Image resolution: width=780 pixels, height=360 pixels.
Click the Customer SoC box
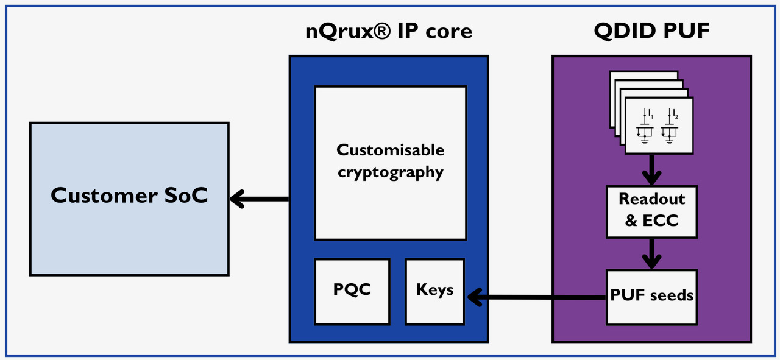(129, 199)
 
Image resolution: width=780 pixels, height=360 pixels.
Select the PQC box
(352, 291)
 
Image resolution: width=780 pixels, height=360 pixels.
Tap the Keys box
(434, 291)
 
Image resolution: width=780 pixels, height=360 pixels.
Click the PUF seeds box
(651, 297)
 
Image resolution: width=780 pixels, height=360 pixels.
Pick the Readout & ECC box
(651, 210)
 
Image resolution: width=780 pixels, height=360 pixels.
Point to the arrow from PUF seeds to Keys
(536, 297)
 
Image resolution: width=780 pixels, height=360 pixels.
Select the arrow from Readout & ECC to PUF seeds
(651, 253)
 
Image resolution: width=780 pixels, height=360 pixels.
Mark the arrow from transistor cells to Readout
(651, 169)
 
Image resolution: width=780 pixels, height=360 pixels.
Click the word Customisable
(390, 150)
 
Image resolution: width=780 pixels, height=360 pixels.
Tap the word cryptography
(390, 172)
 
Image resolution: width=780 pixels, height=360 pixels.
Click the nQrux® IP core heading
(389, 31)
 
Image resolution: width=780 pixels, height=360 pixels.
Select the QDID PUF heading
(651, 31)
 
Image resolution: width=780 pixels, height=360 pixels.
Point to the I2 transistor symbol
(670, 126)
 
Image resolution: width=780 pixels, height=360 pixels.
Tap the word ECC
(661, 221)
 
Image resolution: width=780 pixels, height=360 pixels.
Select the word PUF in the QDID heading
(687, 31)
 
